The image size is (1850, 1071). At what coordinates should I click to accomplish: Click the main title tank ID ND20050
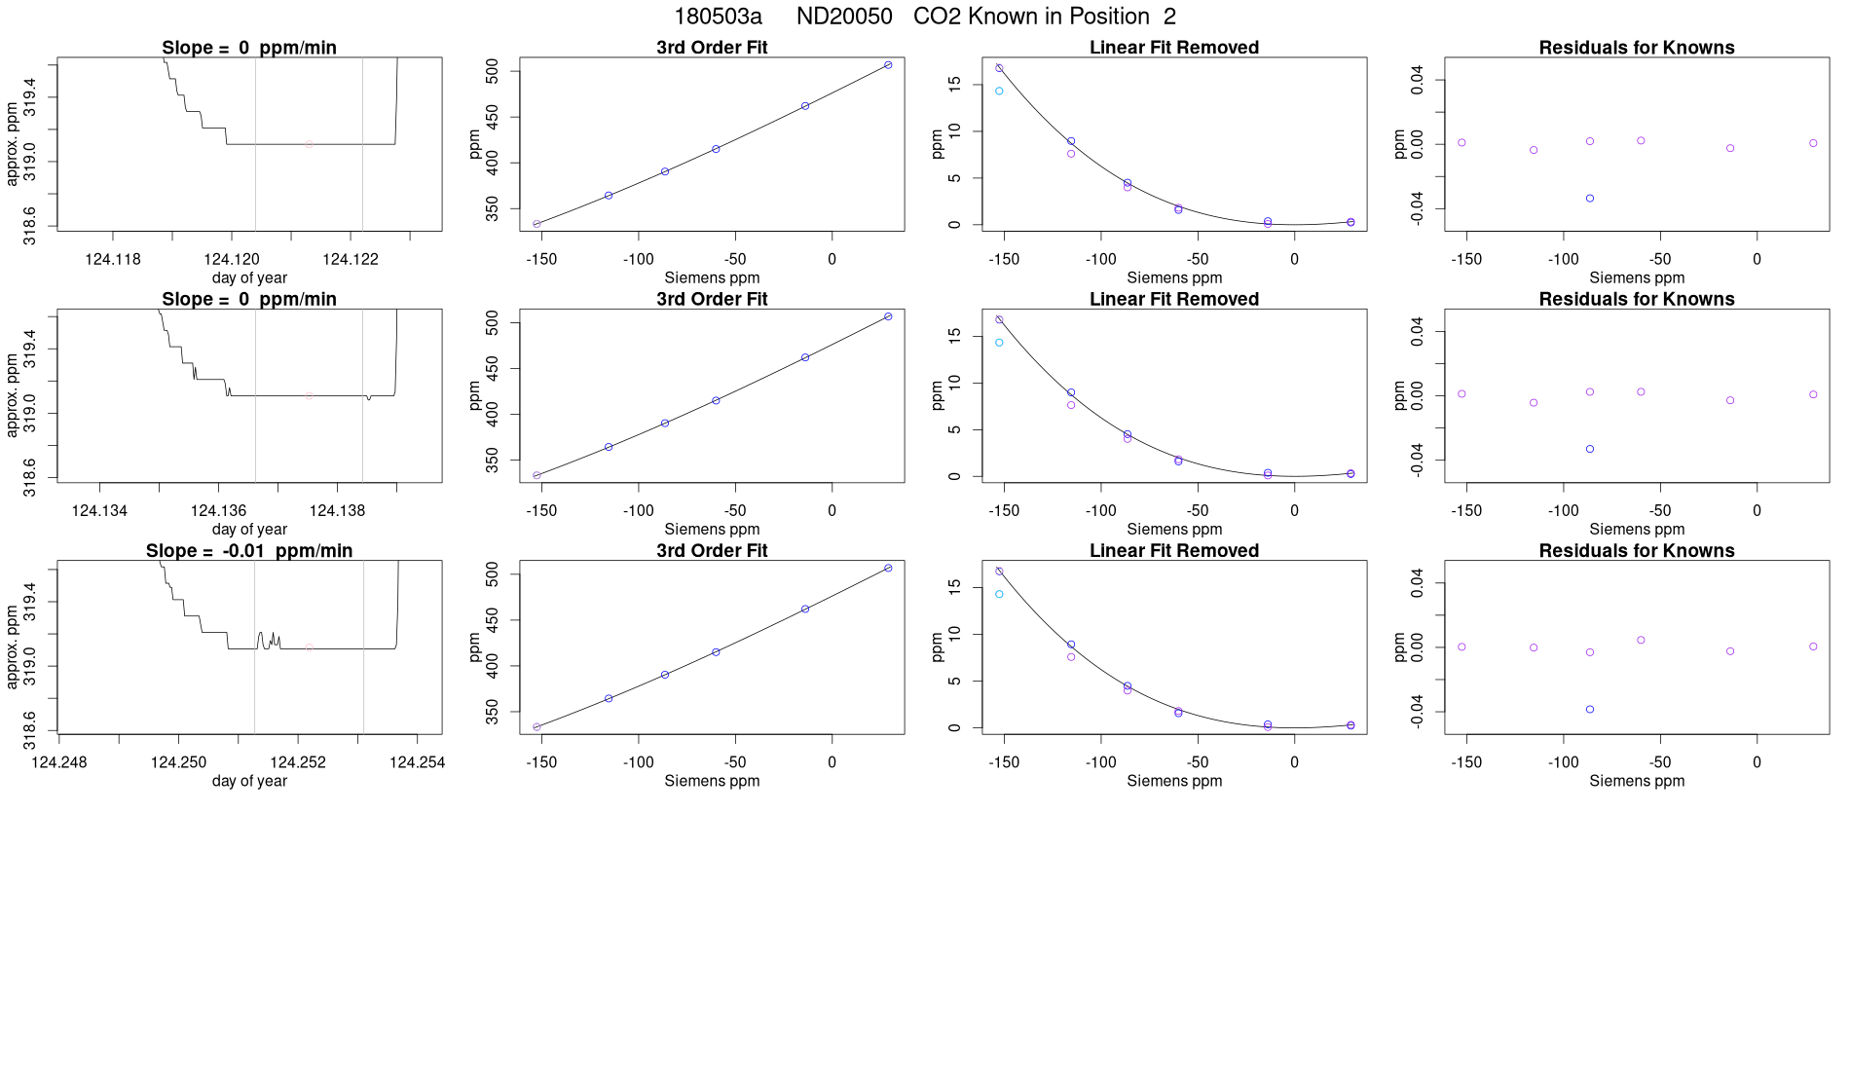(x=844, y=17)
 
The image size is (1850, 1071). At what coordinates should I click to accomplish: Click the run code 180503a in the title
(x=718, y=17)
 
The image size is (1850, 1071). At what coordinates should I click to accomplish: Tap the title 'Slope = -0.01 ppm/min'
(x=249, y=551)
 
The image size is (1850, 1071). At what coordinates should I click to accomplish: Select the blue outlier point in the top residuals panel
(x=1590, y=199)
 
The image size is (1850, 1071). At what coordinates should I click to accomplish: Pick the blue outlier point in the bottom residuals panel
(x=1590, y=710)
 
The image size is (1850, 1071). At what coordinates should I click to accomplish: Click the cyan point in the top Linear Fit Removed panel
(x=999, y=92)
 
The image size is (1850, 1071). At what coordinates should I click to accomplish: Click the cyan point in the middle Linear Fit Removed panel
(x=999, y=343)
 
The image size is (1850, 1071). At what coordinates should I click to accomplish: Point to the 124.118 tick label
(x=113, y=259)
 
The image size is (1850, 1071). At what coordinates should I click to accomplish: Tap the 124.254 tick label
(x=417, y=762)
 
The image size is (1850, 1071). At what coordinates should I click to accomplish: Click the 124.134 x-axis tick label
(x=99, y=511)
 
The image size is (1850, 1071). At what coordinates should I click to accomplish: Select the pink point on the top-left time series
(x=309, y=144)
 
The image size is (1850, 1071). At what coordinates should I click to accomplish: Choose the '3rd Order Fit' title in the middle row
(x=712, y=300)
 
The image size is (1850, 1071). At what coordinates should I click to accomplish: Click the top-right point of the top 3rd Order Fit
(x=888, y=65)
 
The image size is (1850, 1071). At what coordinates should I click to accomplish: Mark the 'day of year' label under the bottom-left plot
(x=249, y=781)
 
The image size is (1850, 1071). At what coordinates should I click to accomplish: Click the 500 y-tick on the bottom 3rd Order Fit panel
(x=493, y=574)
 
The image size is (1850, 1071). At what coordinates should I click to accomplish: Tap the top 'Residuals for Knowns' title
(x=1637, y=48)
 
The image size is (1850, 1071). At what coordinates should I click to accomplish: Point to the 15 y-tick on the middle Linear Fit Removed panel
(x=955, y=335)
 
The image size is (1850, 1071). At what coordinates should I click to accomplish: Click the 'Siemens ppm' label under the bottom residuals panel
(x=1637, y=781)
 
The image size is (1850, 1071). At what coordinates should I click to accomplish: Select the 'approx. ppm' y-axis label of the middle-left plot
(x=13, y=395)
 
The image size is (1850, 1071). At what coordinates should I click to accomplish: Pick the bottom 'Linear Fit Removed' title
(x=1174, y=551)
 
